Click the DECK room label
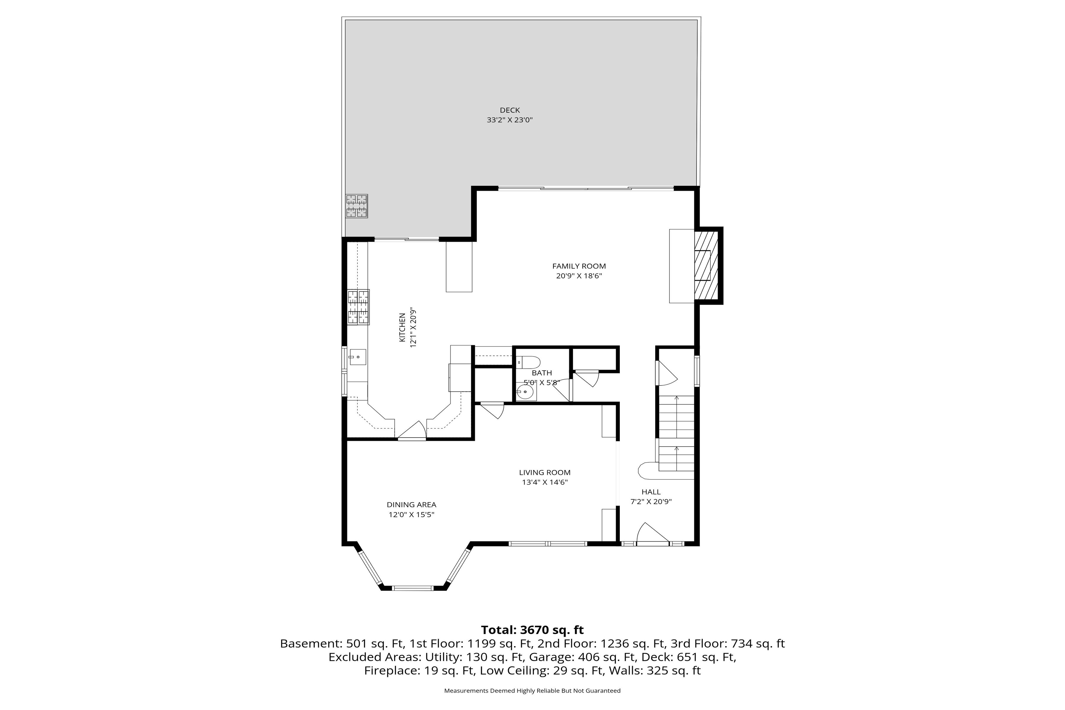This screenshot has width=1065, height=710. (509, 110)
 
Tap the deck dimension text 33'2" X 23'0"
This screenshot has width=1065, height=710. (509, 120)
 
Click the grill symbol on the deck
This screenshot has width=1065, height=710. (356, 206)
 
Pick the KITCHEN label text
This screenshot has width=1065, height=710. (402, 327)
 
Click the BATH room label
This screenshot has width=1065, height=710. (542, 373)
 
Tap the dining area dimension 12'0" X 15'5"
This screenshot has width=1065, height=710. (411, 515)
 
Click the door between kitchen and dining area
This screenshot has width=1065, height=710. (412, 431)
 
